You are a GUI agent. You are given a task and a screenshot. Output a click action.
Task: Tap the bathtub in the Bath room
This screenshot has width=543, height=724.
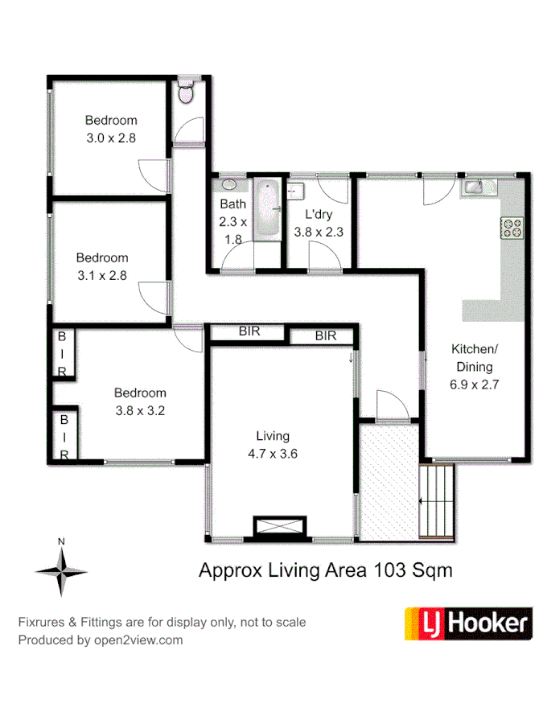(x=266, y=209)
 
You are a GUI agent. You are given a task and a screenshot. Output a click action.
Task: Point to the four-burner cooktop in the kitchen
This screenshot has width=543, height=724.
(x=512, y=228)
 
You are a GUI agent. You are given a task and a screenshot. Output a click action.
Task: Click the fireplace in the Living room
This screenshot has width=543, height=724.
(x=279, y=527)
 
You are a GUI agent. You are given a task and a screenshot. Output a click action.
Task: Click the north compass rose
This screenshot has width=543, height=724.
(x=61, y=570)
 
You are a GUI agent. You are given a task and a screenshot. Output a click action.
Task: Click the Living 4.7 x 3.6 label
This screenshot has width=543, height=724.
(x=273, y=445)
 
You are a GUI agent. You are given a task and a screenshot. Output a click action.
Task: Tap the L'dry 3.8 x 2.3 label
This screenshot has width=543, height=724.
(x=319, y=223)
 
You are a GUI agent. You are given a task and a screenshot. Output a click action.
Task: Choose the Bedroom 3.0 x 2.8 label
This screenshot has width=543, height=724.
(x=111, y=129)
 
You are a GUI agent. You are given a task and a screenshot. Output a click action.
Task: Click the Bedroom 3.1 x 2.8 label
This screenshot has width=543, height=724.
(x=102, y=266)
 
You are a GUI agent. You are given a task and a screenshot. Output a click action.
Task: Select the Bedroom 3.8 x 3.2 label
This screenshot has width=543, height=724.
(x=140, y=401)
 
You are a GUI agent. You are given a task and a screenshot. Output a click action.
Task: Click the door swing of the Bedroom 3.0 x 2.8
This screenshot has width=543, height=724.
(x=153, y=173)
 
